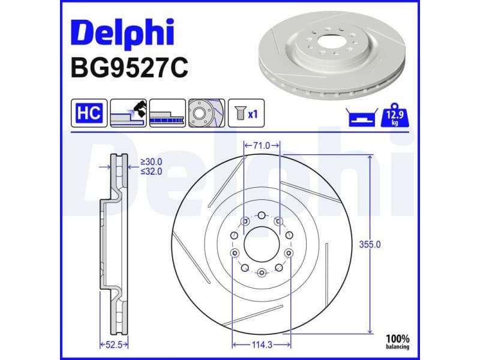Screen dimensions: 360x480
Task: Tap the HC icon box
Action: (x=89, y=112)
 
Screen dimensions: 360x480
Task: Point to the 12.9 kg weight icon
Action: (x=394, y=114)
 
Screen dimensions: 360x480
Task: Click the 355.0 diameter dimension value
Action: (x=370, y=245)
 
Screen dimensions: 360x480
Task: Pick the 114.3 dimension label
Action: (x=262, y=344)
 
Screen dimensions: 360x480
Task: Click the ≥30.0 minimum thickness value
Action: (x=151, y=161)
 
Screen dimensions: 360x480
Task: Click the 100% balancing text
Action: (x=398, y=342)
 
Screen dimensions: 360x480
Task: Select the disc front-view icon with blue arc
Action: (x=206, y=112)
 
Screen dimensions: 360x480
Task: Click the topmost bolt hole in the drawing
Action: (x=262, y=214)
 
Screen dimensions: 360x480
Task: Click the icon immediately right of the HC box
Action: (x=128, y=112)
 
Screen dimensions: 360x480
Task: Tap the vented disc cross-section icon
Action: (x=167, y=112)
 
